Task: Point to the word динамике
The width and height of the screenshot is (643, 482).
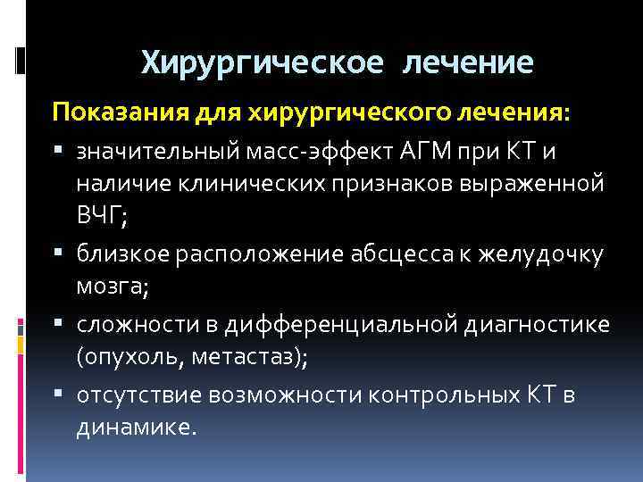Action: (134, 427)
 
